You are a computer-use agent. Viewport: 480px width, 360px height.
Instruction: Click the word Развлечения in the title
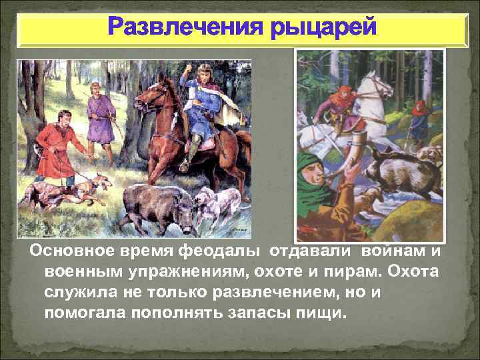(x=179, y=29)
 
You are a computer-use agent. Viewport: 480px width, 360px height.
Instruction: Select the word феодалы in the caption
(x=227, y=253)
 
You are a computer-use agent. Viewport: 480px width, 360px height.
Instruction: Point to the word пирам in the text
(x=335, y=273)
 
